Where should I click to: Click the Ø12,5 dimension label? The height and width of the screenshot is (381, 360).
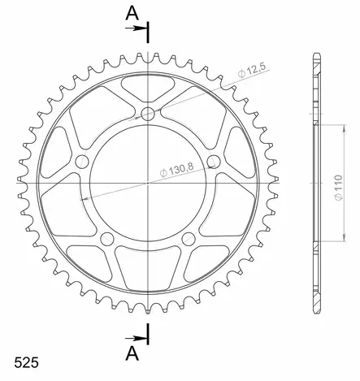pyautogui.click(x=252, y=70)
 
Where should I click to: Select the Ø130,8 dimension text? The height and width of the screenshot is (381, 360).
pyautogui.click(x=177, y=170)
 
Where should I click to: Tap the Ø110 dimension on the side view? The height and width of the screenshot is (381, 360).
pyautogui.click(x=339, y=188)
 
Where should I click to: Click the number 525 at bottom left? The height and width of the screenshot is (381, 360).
pyautogui.click(x=26, y=362)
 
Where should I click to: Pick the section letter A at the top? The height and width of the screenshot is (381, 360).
pyautogui.click(x=132, y=14)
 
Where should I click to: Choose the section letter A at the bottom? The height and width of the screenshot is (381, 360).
pyautogui.click(x=132, y=353)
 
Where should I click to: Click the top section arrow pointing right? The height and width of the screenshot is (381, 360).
pyautogui.click(x=136, y=28)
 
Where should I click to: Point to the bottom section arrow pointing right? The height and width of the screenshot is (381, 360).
pyautogui.click(x=136, y=338)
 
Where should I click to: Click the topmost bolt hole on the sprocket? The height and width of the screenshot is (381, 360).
pyautogui.click(x=148, y=114)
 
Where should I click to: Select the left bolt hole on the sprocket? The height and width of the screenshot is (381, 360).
pyautogui.click(x=82, y=162)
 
